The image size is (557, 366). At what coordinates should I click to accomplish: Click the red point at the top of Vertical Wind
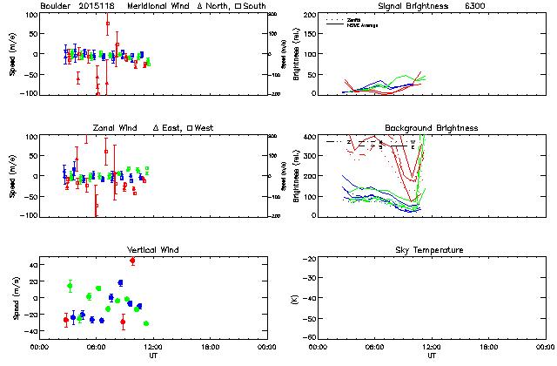(x=132, y=261)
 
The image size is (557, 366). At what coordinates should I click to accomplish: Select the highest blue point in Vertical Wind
(x=120, y=282)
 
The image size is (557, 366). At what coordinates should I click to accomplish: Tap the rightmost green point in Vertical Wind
(x=145, y=323)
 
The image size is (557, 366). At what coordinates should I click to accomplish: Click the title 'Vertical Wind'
(x=153, y=250)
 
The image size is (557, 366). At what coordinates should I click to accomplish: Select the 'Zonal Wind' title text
(x=116, y=128)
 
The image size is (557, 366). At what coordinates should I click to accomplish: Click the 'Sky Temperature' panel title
(x=433, y=250)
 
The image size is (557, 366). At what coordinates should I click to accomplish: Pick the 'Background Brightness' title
(x=433, y=128)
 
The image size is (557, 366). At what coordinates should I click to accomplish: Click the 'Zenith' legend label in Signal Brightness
(x=358, y=18)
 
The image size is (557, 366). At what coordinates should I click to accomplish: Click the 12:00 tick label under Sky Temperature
(x=432, y=346)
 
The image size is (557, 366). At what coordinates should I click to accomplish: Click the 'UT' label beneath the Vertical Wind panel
(x=151, y=356)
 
